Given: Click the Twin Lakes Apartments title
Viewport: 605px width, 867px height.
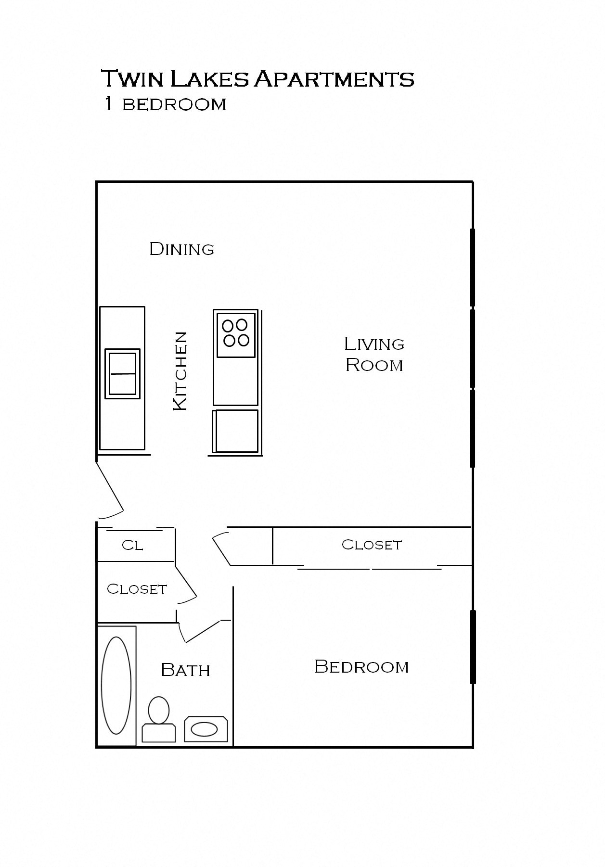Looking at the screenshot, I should tap(257, 78).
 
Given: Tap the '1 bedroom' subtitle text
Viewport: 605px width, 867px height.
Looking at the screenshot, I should tap(165, 104).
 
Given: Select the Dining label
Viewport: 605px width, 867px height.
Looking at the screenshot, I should tap(181, 249).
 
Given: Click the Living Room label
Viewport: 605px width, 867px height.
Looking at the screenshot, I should tap(374, 354).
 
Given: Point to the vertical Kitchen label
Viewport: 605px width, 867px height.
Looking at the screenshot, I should tap(180, 371).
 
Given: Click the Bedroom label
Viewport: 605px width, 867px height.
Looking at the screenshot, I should tap(361, 666).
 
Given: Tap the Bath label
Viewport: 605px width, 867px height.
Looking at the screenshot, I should tap(185, 670).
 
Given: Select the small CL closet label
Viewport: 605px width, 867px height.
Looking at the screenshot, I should tap(132, 545).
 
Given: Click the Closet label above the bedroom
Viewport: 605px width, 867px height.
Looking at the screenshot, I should tap(372, 545).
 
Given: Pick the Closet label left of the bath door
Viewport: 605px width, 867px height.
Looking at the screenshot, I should tap(137, 589).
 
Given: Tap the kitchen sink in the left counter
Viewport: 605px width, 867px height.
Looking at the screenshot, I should tap(122, 374).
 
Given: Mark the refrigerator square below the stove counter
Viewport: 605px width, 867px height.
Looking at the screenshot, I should tap(235, 432).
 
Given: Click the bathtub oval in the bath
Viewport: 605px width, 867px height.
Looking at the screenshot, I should tap(116, 686).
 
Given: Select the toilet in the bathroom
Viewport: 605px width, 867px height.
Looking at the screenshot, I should tap(158, 719).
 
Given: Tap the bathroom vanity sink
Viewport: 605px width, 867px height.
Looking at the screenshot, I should tap(205, 729).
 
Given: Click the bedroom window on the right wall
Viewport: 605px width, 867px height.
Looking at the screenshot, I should tap(473, 647).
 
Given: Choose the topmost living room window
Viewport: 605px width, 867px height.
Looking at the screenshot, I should tap(472, 268).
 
